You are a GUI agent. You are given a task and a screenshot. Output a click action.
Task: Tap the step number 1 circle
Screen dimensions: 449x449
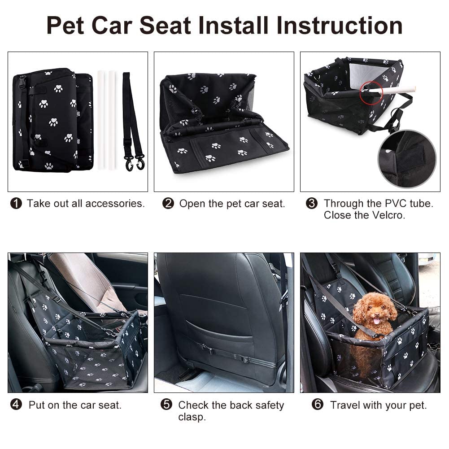pos(16,204)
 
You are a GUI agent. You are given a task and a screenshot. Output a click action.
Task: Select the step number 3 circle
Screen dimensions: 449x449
pos(312,204)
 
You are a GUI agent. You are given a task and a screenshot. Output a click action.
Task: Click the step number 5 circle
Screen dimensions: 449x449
pos(166,405)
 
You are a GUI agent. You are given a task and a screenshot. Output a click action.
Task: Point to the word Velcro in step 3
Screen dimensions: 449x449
pos(388,215)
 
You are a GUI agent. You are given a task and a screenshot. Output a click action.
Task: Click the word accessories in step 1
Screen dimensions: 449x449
pos(115,204)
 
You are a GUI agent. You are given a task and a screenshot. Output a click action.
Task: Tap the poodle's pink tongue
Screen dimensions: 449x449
pos(376,321)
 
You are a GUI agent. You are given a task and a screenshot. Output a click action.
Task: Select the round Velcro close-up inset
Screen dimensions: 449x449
pos(406,158)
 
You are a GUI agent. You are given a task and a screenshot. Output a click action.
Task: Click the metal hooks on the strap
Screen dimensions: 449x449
pos(135,162)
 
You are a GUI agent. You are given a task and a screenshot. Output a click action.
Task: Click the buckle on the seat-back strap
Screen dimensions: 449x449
pos(244,359)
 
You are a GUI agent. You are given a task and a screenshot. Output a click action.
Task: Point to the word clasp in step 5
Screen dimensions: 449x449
pos(192,417)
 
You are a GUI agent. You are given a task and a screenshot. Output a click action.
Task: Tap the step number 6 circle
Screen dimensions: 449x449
pos(318,405)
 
